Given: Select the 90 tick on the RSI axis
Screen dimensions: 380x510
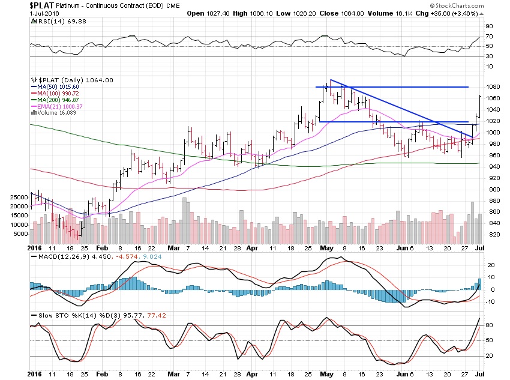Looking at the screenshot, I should click(488, 26).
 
